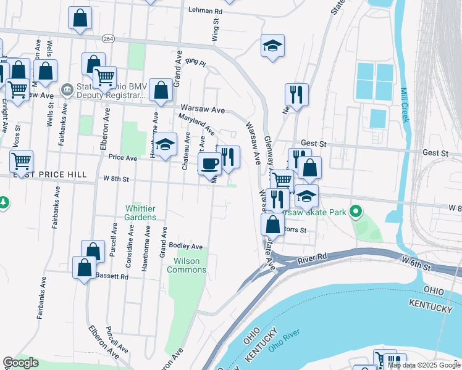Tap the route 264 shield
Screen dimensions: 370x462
coord(109,38)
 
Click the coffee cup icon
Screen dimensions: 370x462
coord(209,164)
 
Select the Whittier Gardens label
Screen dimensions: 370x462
coord(141,213)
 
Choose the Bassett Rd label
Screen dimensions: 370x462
coord(112,277)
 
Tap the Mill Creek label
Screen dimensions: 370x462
coord(405,105)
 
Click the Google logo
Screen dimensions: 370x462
coord(21,363)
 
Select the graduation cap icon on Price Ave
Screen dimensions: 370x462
coord(165,146)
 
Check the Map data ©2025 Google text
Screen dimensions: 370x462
coord(424,366)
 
